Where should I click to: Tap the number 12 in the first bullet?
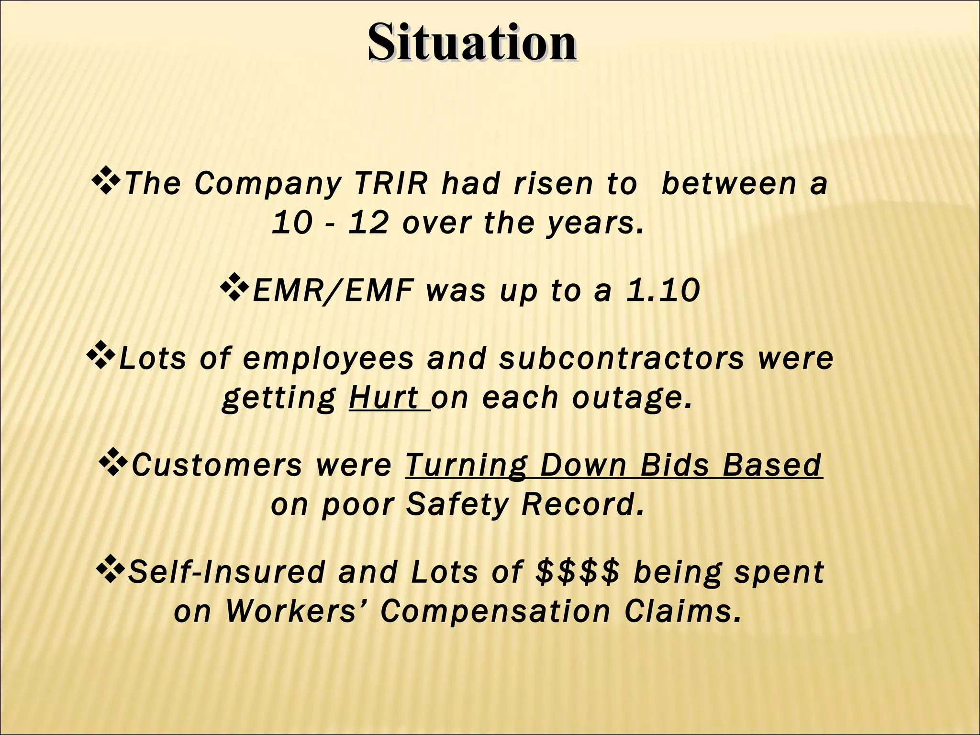(367, 223)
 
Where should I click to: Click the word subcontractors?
(621, 358)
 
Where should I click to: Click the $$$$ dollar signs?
(578, 572)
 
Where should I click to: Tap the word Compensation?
(495, 612)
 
